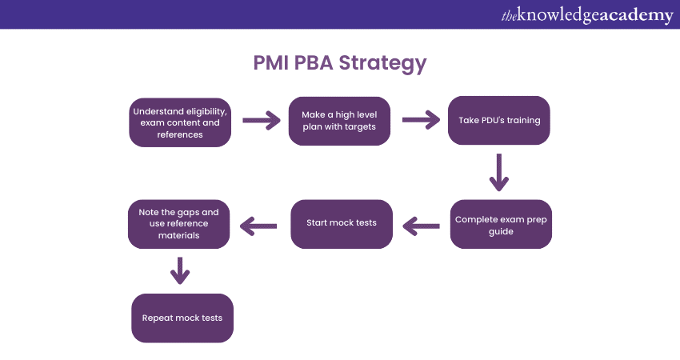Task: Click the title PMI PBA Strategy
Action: pos(340,63)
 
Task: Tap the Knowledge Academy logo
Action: pos(588,14)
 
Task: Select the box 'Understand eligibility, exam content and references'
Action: pos(180,122)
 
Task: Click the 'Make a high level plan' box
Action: pos(339,121)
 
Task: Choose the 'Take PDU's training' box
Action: pos(499,121)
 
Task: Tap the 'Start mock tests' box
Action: pos(341,222)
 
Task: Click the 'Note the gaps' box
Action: pos(179,224)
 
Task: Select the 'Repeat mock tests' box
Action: pos(182,318)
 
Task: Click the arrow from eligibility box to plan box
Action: pos(261,121)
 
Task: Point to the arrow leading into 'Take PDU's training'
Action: pos(421,121)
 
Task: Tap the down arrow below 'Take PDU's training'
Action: pos(499,173)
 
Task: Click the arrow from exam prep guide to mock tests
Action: pos(421,226)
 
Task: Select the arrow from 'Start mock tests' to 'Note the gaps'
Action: pos(261,226)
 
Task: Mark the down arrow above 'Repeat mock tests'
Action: pos(180,270)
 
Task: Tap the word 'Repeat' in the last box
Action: pos(158,318)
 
